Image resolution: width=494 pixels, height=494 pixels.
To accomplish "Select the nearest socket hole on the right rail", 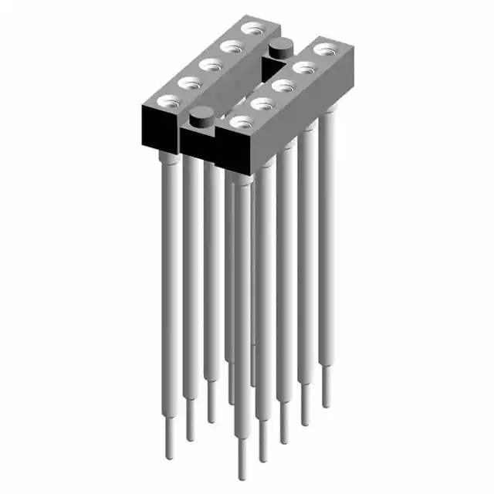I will coord(242,121).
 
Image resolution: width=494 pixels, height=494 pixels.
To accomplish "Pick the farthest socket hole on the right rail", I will coord(323,50).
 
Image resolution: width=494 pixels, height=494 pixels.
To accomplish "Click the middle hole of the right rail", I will coord(283,85).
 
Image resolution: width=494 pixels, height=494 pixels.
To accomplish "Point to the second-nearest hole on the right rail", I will coord(262,103).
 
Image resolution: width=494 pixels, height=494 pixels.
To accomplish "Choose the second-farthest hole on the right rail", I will coord(303,68).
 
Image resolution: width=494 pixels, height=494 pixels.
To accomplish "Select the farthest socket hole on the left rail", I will coord(249,29).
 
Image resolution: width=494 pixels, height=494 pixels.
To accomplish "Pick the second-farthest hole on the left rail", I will coord(229,46).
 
